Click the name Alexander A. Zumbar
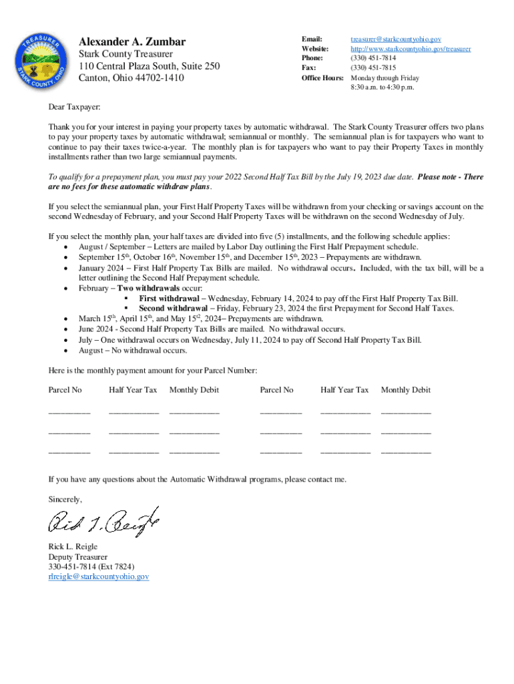pyautogui.click(x=132, y=42)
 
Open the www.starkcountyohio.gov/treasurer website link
pyautogui.click(x=411, y=49)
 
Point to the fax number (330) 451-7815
pyautogui.click(x=373, y=68)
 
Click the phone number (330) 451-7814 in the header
pyautogui.click(x=373, y=59)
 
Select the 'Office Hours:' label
pyautogui.click(x=322, y=78)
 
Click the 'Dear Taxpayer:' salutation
pyautogui.click(x=74, y=108)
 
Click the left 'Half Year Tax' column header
pyautogui.click(x=133, y=390)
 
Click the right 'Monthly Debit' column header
pyautogui.click(x=405, y=390)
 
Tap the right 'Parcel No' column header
pyautogui.click(x=276, y=390)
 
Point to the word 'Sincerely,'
pyautogui.click(x=65, y=500)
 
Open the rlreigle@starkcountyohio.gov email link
pyautogui.click(x=98, y=576)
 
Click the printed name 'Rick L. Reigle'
pyautogui.click(x=73, y=546)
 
